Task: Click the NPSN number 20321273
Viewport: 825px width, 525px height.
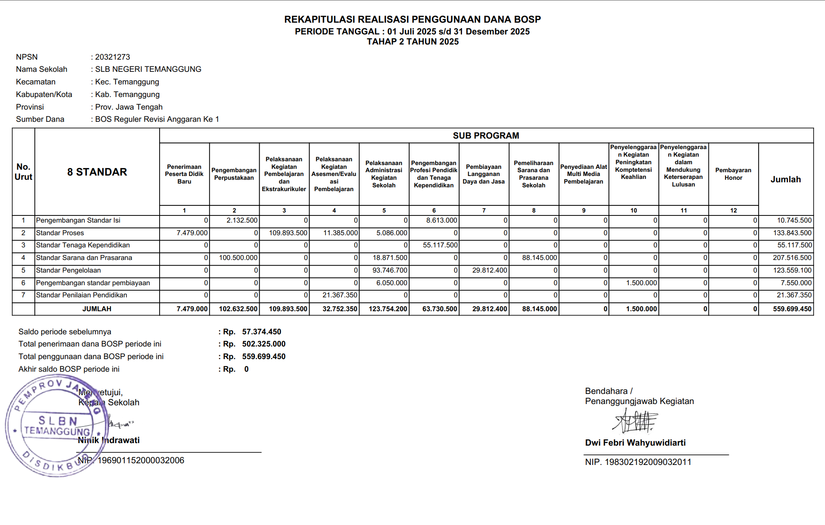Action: pyautogui.click(x=112, y=57)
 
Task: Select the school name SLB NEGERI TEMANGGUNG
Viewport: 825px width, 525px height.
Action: pyautogui.click(x=148, y=69)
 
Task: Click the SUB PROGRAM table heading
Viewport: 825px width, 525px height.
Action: pyautogui.click(x=486, y=136)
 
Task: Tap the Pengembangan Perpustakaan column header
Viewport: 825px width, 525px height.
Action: pyautogui.click(x=234, y=174)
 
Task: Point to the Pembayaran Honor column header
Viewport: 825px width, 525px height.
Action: pyautogui.click(x=733, y=174)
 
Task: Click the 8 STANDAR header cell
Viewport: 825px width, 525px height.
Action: pyautogui.click(x=97, y=172)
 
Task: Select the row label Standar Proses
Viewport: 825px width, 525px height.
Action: pyautogui.click(x=60, y=233)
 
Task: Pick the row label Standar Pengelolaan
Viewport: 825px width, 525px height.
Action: pyautogui.click(x=68, y=270)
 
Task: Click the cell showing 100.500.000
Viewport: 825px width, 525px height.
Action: pyautogui.click(x=238, y=258)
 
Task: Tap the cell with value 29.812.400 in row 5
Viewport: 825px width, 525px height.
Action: pyautogui.click(x=489, y=270)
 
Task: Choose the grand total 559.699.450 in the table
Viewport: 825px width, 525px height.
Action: pyautogui.click(x=792, y=309)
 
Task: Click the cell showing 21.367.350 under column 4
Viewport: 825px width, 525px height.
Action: pyautogui.click(x=339, y=295)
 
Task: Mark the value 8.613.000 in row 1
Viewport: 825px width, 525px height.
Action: pyautogui.click(x=441, y=220)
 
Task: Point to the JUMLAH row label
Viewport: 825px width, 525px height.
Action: pyautogui.click(x=97, y=309)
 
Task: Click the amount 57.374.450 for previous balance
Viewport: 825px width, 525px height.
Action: pyautogui.click(x=261, y=332)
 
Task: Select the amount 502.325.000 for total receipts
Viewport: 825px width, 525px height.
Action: pyautogui.click(x=263, y=344)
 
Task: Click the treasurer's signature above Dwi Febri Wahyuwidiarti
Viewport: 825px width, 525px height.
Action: pyautogui.click(x=635, y=421)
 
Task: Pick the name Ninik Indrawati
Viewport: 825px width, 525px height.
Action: pyautogui.click(x=109, y=440)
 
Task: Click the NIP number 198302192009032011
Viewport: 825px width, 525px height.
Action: pyautogui.click(x=647, y=462)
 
